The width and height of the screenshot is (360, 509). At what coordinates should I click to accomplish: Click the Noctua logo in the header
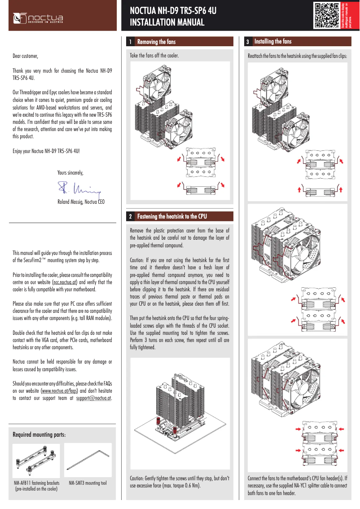click(38, 18)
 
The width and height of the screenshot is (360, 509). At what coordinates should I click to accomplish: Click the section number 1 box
click(130, 42)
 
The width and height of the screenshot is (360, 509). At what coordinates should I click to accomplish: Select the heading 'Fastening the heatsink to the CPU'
click(172, 217)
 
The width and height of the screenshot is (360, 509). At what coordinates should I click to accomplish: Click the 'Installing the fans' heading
click(273, 42)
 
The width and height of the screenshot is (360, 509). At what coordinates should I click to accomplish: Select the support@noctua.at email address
click(94, 398)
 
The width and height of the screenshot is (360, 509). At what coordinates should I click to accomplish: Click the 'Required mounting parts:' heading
click(39, 435)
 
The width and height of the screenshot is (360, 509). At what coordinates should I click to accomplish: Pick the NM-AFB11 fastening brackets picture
click(36, 461)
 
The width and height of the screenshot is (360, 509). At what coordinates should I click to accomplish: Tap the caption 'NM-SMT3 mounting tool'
click(88, 483)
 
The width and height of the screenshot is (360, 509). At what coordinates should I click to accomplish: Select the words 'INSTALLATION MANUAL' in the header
click(167, 22)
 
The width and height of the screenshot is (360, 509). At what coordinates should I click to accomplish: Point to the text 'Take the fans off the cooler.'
click(154, 56)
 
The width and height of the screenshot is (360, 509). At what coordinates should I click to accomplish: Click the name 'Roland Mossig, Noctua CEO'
click(81, 202)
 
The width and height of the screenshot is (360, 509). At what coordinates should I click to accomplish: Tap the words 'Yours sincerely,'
click(70, 172)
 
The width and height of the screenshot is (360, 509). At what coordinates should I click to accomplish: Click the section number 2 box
click(130, 217)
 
